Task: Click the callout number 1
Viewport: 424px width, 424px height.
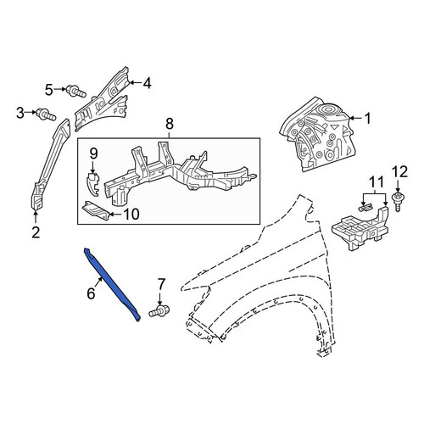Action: (x=367, y=119)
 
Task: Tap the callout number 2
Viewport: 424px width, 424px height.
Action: (x=36, y=232)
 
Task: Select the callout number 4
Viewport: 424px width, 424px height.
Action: (x=148, y=83)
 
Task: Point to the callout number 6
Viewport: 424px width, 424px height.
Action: (x=91, y=293)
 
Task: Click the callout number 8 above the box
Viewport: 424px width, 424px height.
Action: (x=170, y=124)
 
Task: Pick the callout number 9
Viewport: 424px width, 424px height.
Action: (x=93, y=153)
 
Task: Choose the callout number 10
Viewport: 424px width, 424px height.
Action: (x=131, y=215)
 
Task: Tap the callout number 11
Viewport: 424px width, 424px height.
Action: (x=377, y=181)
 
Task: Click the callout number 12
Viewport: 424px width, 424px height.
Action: (x=399, y=171)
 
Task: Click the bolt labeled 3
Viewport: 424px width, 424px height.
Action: (x=46, y=114)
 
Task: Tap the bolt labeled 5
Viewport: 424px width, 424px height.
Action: (x=75, y=91)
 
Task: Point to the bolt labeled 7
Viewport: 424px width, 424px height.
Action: (x=159, y=311)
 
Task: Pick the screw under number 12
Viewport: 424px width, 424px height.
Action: (x=398, y=202)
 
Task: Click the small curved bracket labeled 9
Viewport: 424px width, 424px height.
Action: (x=92, y=184)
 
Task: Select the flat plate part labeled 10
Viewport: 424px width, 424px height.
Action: (x=96, y=210)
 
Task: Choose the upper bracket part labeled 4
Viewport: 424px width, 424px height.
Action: (x=103, y=99)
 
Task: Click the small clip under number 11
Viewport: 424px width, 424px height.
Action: (x=365, y=208)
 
